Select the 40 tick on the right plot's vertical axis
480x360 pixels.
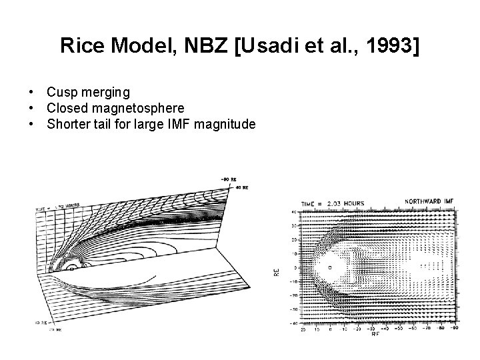293,213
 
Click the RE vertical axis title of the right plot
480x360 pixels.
277,271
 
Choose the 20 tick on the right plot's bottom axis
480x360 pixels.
302,328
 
